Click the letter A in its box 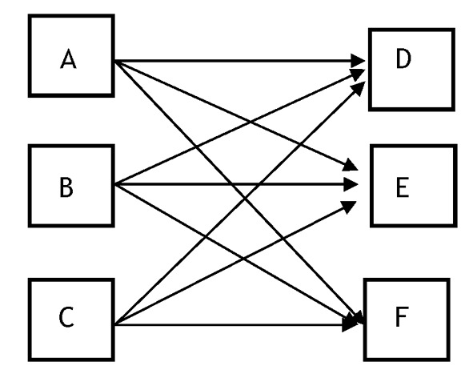coord(68,59)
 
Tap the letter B coord(66,187)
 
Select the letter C coord(66,317)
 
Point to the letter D coord(403,58)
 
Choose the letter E coord(403,187)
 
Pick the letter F coord(402,316)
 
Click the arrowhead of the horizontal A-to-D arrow coord(358,61)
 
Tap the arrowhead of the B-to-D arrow coord(358,74)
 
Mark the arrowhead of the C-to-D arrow coord(359,88)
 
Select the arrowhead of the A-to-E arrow coord(351,165)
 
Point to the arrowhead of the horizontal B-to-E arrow coord(351,184)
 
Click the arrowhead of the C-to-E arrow coord(349,207)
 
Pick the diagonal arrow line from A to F coord(239,192)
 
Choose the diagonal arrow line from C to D coord(240,203)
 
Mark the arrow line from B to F coord(235,254)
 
